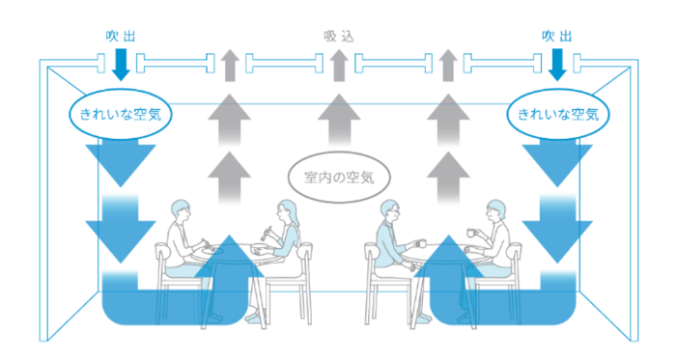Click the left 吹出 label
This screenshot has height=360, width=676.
click(120, 36)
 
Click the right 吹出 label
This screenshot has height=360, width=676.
click(557, 36)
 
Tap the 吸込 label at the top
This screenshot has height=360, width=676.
click(339, 36)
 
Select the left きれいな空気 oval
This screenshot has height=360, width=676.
click(121, 114)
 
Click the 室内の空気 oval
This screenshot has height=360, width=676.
click(338, 177)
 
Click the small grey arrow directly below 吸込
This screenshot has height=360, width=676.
click(338, 66)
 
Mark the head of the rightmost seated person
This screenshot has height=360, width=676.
click(497, 209)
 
